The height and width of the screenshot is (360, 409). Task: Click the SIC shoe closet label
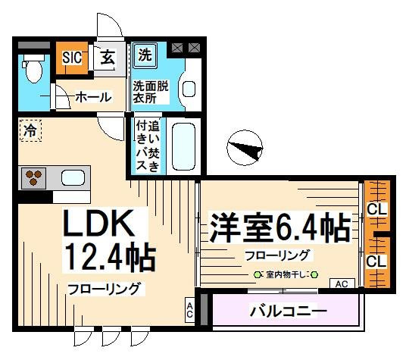tap(72, 58)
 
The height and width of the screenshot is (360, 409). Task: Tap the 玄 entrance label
tap(108, 57)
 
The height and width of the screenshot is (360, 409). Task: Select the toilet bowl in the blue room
tap(33, 68)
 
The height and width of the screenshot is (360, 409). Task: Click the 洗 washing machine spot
tap(145, 55)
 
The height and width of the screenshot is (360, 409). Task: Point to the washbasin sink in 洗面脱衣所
tap(189, 89)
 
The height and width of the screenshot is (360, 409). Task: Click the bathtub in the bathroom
tap(183, 147)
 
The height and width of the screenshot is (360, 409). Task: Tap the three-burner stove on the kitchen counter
tap(33, 178)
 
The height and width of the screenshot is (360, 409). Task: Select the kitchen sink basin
tap(73, 178)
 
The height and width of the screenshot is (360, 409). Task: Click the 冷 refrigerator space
tap(30, 130)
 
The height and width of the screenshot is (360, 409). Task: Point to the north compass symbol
tap(245, 148)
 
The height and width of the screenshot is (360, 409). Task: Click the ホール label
tap(93, 97)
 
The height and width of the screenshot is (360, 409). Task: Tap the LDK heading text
tap(98, 223)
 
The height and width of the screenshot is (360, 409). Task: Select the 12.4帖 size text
tap(110, 256)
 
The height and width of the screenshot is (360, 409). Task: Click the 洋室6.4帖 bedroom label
tap(280, 227)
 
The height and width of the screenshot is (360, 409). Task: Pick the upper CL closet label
tap(376, 209)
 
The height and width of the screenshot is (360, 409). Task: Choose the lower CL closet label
tap(376, 261)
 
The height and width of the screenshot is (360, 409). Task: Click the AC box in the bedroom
tap(342, 283)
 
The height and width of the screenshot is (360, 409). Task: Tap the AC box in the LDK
tap(189, 310)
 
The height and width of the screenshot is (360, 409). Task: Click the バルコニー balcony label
tap(289, 311)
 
